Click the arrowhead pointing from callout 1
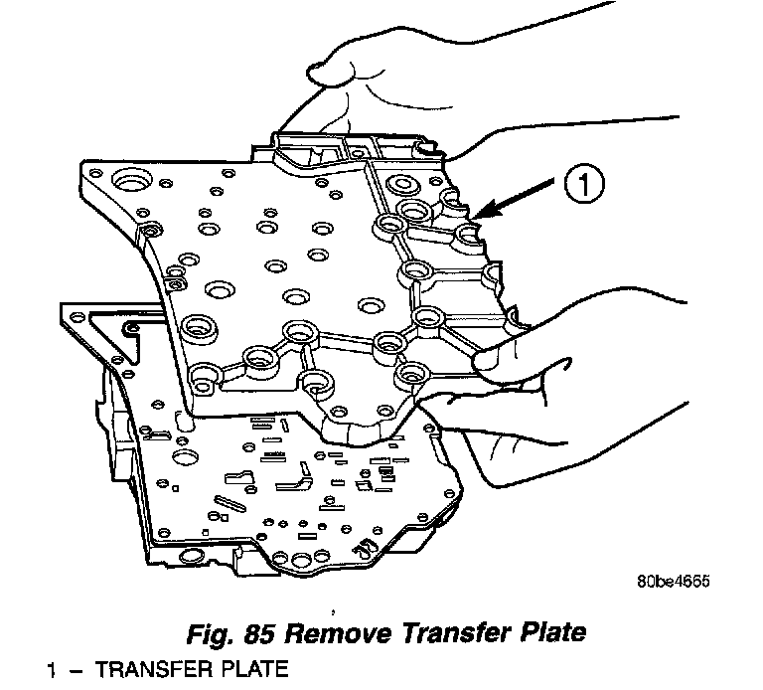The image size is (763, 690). [x=479, y=213]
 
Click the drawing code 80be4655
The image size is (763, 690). [x=675, y=584]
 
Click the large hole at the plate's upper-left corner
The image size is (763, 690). [x=128, y=184]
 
